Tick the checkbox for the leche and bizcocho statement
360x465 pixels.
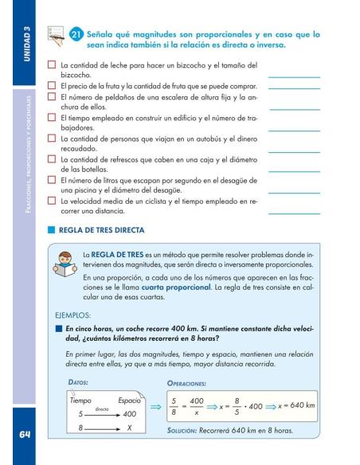[52, 64]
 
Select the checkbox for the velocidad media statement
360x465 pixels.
[52, 201]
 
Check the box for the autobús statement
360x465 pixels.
[52, 142]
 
